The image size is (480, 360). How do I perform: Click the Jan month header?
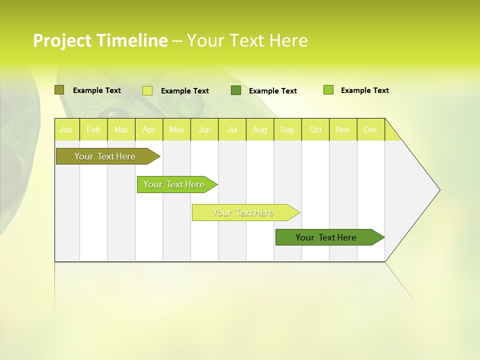pos(66,129)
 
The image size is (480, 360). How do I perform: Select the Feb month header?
pos(93,129)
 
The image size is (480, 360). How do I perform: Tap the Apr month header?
pos(149,129)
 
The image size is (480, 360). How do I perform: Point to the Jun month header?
pos(204,129)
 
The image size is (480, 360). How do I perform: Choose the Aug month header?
pos(260,129)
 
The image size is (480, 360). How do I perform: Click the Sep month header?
pos(287,129)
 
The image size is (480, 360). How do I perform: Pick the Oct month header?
pos(315,129)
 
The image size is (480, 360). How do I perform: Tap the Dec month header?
pos(371,129)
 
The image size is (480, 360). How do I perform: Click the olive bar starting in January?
pos(105,156)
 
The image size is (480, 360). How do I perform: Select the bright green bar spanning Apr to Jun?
pos(174,184)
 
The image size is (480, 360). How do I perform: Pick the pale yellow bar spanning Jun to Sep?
pos(243,212)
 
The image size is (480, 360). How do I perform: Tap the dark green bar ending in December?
pos(326,237)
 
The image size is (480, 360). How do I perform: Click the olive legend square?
pos(59,90)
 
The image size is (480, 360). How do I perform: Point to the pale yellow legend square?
pos(147,90)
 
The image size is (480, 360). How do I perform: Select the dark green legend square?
pos(235,90)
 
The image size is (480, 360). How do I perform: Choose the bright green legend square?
pos(328,90)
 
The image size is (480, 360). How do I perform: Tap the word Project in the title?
pos(62,40)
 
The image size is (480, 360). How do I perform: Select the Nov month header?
pos(343,129)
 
